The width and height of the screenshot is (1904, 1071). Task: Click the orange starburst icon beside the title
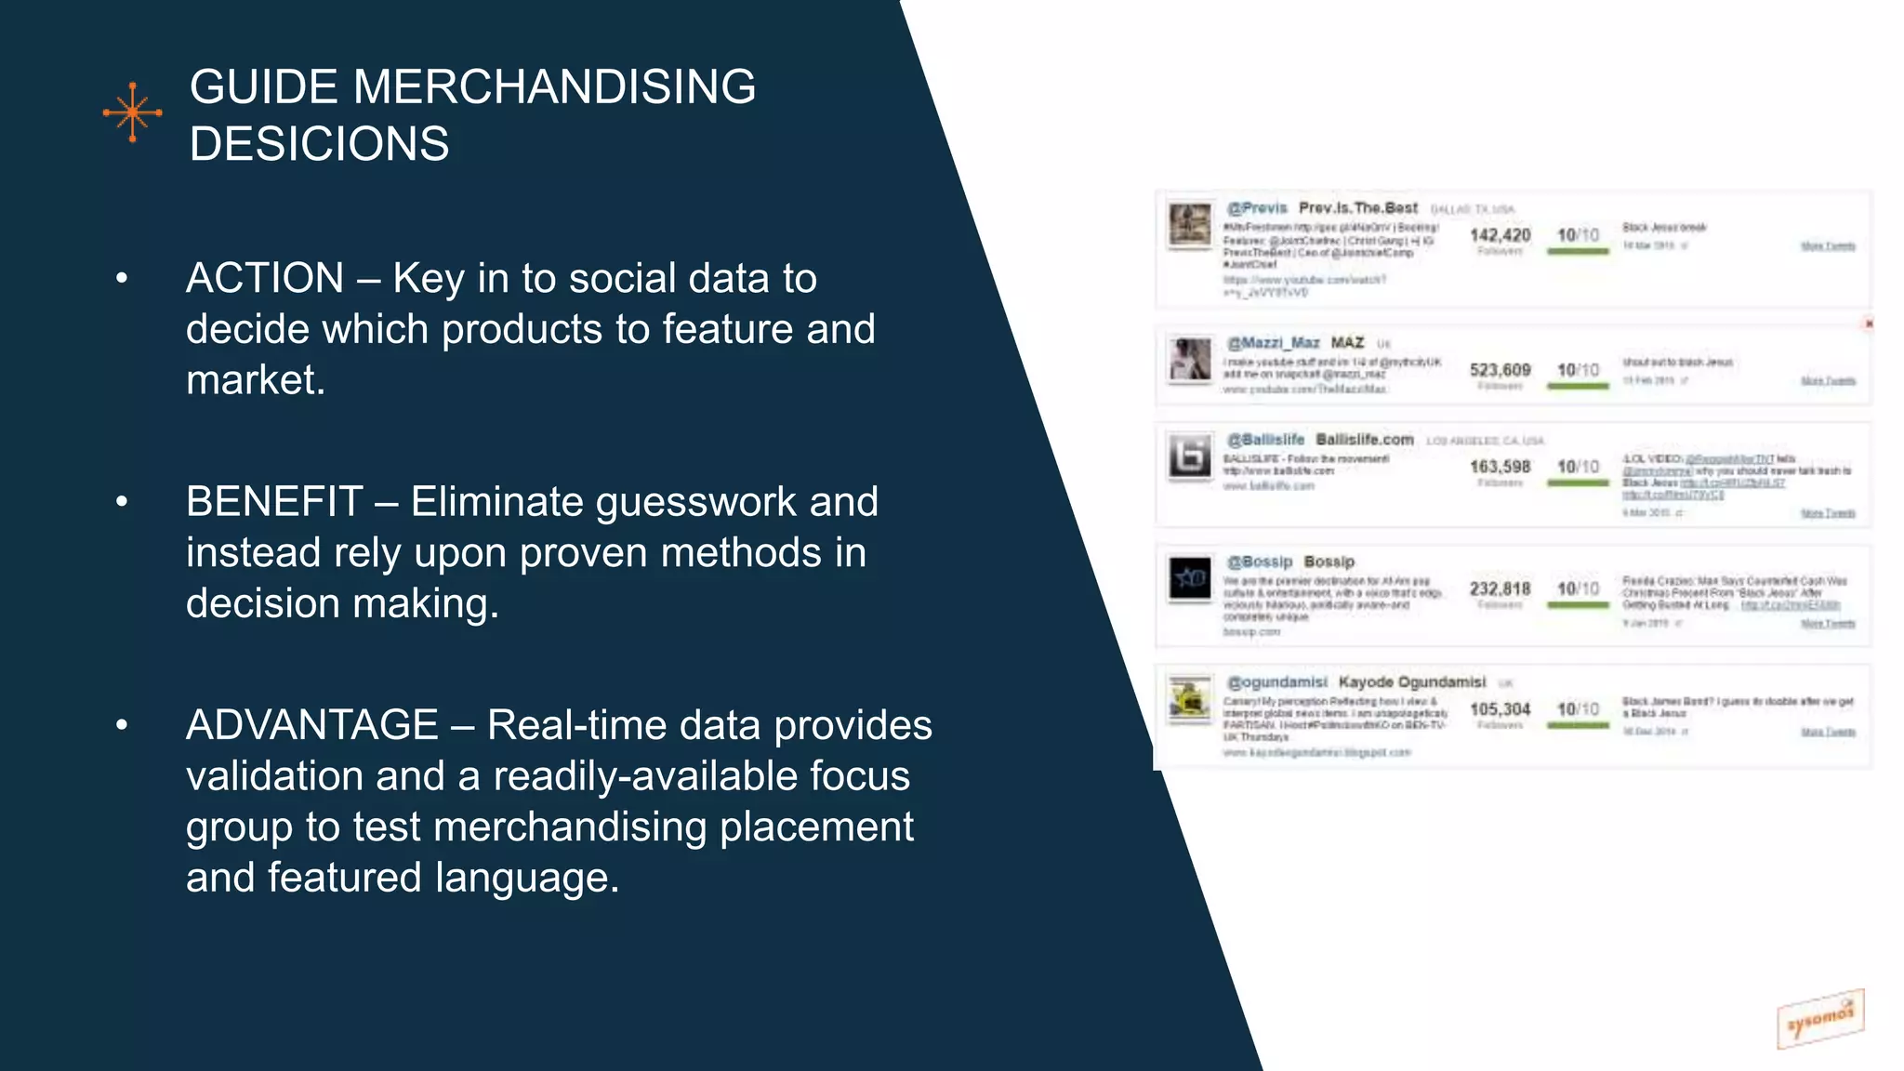click(132, 112)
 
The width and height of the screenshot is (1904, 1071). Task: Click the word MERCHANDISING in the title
click(554, 87)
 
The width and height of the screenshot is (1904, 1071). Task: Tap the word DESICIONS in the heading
click(319, 144)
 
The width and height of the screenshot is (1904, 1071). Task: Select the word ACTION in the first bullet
click(265, 279)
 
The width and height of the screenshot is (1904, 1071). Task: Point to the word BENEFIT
click(273, 502)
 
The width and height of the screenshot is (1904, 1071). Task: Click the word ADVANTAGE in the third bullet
click(311, 725)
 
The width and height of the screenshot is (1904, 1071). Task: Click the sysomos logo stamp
click(1819, 1019)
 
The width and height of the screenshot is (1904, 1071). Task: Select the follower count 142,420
click(1500, 235)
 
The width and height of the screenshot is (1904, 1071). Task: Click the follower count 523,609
click(1500, 370)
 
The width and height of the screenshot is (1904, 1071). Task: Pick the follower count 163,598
click(1500, 467)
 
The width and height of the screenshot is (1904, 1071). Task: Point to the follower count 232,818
click(1500, 588)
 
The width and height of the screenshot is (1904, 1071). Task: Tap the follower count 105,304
click(1500, 709)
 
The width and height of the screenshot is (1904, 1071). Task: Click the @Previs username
click(1257, 208)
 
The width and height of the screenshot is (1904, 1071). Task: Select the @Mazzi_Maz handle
click(1273, 343)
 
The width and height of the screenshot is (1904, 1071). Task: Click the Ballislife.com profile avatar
click(1190, 456)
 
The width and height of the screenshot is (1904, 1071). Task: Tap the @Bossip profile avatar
click(1190, 578)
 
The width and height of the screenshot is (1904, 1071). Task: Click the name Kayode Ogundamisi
click(1411, 682)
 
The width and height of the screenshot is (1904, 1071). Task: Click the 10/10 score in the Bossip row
click(1578, 588)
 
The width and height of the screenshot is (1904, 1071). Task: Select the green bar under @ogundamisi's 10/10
click(1578, 725)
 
